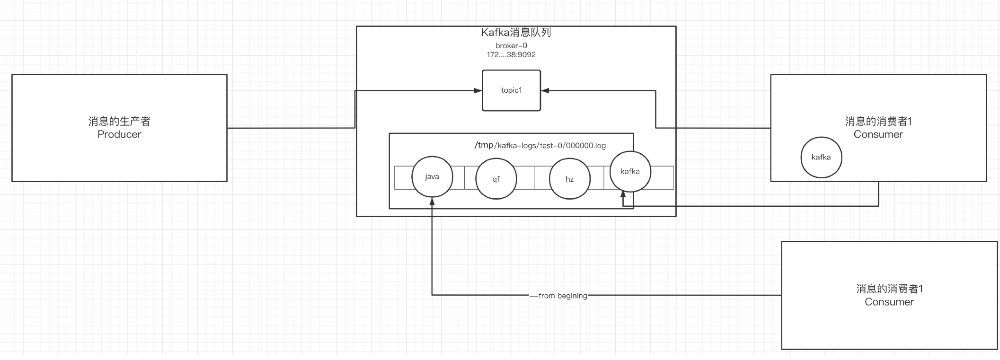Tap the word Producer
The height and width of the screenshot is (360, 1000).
pyautogui.click(x=119, y=134)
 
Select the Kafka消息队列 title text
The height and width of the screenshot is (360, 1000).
pyautogui.click(x=516, y=32)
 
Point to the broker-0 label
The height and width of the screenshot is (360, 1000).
pyautogui.click(x=511, y=46)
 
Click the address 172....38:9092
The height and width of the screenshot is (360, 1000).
pyautogui.click(x=511, y=55)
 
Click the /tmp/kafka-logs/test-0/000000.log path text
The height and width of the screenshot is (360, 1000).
pyautogui.click(x=540, y=145)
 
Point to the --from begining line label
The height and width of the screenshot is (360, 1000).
pyautogui.click(x=558, y=296)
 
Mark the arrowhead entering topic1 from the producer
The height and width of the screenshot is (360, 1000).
pyautogui.click(x=478, y=90)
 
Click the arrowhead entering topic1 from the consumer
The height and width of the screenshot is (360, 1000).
pyautogui.click(x=545, y=90)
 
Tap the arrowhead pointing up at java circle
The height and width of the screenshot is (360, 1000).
pyautogui.click(x=432, y=201)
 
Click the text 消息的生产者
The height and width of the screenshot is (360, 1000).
pyautogui.click(x=119, y=122)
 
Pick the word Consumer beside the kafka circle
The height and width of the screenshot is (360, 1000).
pyautogui.click(x=878, y=134)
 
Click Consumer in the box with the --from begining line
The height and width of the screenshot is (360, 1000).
pyautogui.click(x=889, y=302)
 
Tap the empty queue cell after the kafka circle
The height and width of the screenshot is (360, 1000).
pyautogui.click(x=663, y=178)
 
